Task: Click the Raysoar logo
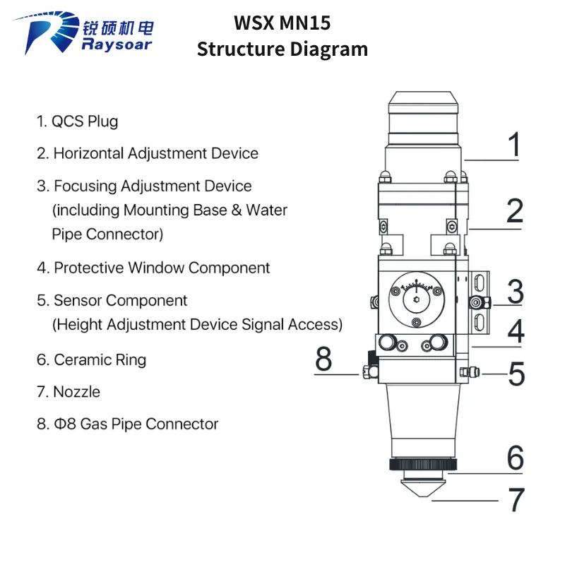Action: [x=83, y=32]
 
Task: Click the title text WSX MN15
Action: [x=282, y=23]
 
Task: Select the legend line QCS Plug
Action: [x=77, y=121]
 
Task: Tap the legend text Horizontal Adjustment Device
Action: [x=148, y=153]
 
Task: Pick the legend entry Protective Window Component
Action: [x=153, y=268]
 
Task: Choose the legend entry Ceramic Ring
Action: [x=91, y=360]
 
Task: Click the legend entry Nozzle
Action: [x=68, y=392]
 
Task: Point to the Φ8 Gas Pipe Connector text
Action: [x=127, y=424]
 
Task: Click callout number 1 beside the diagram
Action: [x=514, y=144]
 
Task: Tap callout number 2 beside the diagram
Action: [x=515, y=210]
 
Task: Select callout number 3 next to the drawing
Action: [x=516, y=292]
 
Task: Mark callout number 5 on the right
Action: [x=516, y=374]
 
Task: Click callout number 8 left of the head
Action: [x=323, y=359]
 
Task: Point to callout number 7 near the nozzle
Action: [x=516, y=499]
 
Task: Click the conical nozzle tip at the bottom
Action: [x=423, y=488]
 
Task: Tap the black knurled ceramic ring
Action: [x=423, y=464]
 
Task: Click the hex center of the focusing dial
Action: [x=417, y=299]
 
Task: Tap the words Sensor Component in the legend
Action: [x=120, y=301]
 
